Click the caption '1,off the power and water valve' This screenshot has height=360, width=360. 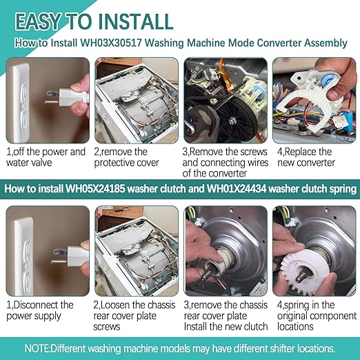[46, 157]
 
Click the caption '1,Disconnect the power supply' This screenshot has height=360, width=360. [40, 310]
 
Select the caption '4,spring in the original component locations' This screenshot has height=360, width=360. [312, 315]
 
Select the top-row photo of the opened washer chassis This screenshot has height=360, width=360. [134, 100]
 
